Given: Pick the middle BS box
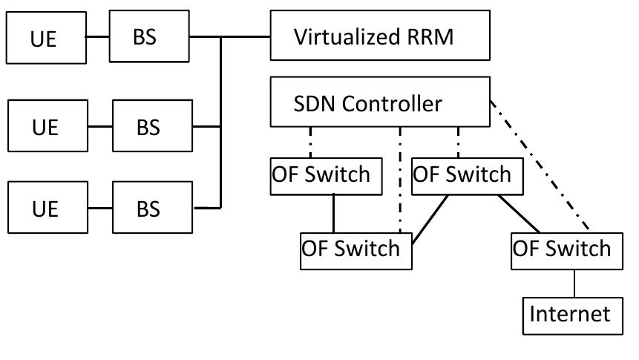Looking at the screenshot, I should [148, 127].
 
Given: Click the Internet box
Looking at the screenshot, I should [569, 313].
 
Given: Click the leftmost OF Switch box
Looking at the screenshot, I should [320, 176].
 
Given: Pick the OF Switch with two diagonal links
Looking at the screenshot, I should [462, 176].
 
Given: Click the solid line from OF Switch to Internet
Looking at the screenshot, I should [574, 284].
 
